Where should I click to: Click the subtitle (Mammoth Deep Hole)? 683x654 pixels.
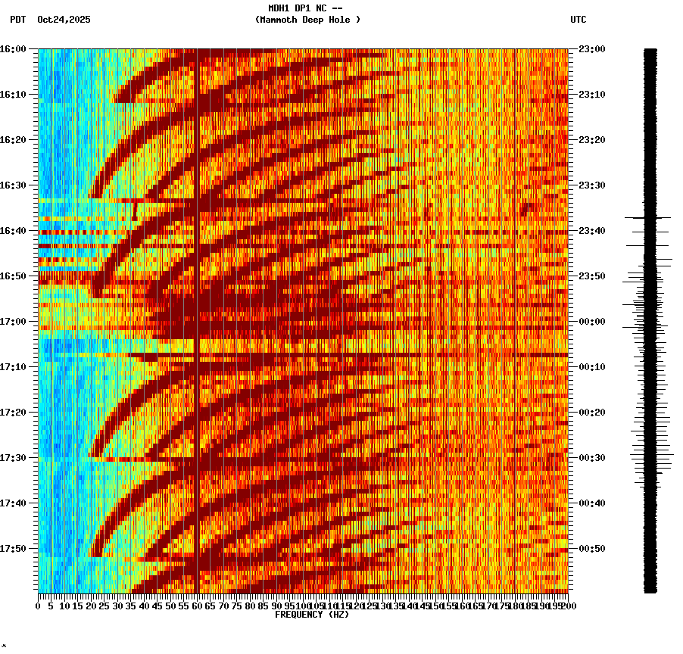tap(307, 20)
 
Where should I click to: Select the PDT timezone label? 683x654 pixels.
tap(18, 20)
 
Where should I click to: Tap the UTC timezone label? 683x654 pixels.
tap(578, 20)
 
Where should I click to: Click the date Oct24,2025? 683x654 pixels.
tap(64, 20)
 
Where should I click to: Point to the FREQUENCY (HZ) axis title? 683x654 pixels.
tap(311, 615)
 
